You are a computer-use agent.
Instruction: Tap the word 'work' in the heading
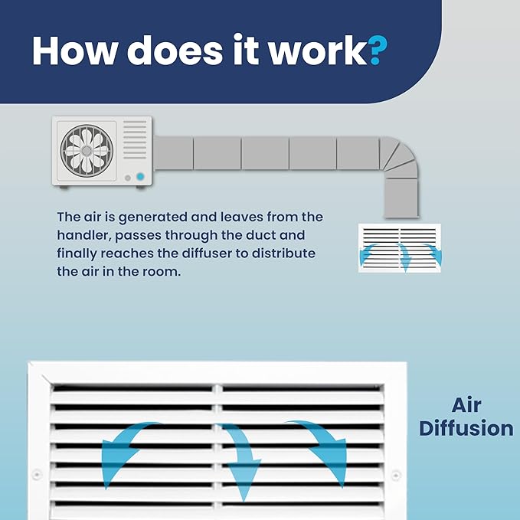[318, 50]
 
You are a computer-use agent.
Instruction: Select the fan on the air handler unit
[87, 151]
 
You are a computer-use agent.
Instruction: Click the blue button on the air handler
[140, 177]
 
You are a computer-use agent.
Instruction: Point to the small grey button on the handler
[128, 178]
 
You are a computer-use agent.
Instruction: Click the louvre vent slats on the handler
[135, 139]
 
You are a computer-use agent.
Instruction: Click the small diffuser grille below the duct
[400, 248]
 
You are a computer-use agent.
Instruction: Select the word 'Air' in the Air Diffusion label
[466, 405]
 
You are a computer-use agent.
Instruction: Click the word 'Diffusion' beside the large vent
[466, 428]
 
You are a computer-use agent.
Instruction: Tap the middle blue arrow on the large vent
[241, 458]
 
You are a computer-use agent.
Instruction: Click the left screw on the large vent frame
[37, 475]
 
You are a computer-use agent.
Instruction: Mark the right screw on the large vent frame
[396, 476]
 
